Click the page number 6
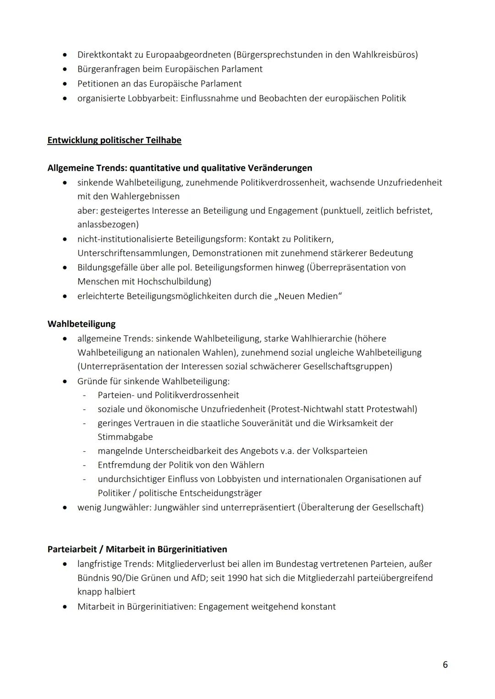(x=445, y=665)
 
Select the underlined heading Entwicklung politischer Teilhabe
(x=114, y=140)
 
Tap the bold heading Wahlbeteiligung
(x=81, y=324)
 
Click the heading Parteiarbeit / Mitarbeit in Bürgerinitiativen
(x=137, y=549)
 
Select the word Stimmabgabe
(x=125, y=437)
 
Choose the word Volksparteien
(x=340, y=451)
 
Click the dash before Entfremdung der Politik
(x=84, y=465)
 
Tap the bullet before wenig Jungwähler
(x=66, y=508)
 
